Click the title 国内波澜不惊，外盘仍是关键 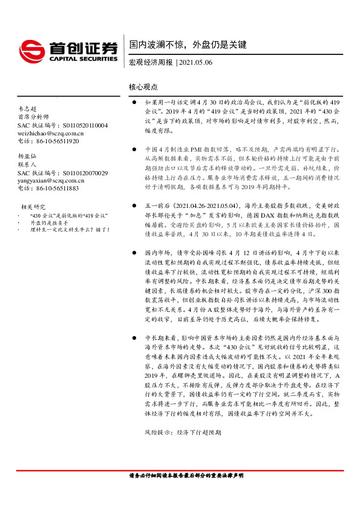188,45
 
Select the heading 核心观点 143,88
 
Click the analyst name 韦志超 27,109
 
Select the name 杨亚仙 27,156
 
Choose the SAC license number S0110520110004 85,125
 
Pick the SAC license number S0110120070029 85,172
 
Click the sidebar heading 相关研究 33,207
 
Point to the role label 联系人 27,164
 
